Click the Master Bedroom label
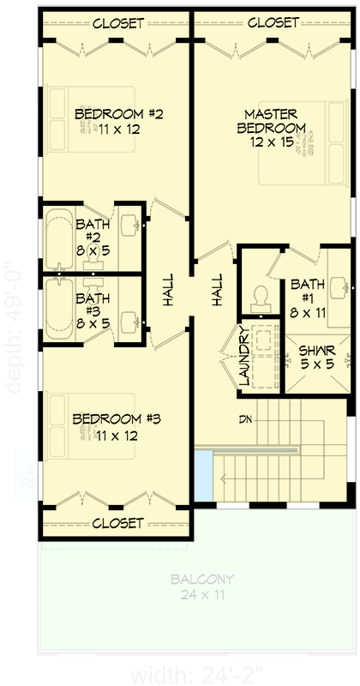pyautogui.click(x=271, y=128)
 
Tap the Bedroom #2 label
pyautogui.click(x=107, y=122)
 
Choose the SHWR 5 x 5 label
pyautogui.click(x=313, y=357)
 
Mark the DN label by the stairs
pyautogui.click(x=248, y=420)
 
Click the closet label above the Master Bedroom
pyautogui.click(x=273, y=23)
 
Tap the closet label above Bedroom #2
pyautogui.click(x=117, y=23)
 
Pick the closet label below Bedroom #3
pyautogui.click(x=117, y=522)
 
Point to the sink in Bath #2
pyautogui.click(x=132, y=227)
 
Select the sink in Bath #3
pyautogui.click(x=131, y=321)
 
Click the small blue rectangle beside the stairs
pyautogui.click(x=203, y=478)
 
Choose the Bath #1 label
pyautogui.click(x=306, y=291)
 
